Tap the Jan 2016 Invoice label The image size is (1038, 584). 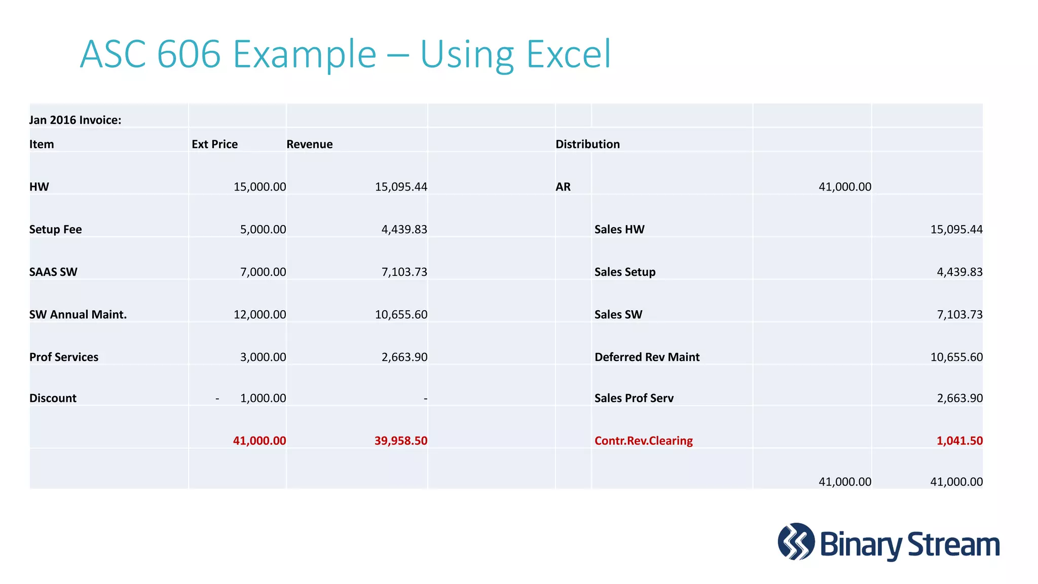pyautogui.click(x=75, y=120)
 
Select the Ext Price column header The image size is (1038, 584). pyautogui.click(x=214, y=144)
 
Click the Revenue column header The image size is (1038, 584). pyautogui.click(x=309, y=144)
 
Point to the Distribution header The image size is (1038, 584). pyautogui.click(x=587, y=144)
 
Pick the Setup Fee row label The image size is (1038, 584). pyautogui.click(x=55, y=230)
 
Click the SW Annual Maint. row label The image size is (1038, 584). pyautogui.click(x=78, y=315)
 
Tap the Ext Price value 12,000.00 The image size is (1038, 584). pyautogui.click(x=259, y=315)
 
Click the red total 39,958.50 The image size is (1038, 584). pyautogui.click(x=401, y=441)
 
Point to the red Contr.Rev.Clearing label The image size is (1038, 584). pyautogui.click(x=643, y=441)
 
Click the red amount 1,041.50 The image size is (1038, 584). pyautogui.click(x=959, y=441)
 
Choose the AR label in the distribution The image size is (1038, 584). pyautogui.click(x=563, y=187)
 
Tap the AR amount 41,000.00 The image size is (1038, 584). pyautogui.click(x=845, y=187)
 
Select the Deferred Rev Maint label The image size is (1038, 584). pyautogui.click(x=647, y=357)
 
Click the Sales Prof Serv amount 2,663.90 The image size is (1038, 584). pyautogui.click(x=959, y=398)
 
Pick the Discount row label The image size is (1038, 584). pyautogui.click(x=53, y=398)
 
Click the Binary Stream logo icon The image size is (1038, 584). pyautogui.click(x=796, y=541)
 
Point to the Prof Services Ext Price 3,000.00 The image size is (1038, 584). pyautogui.click(x=263, y=357)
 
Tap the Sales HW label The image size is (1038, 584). pyautogui.click(x=619, y=230)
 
